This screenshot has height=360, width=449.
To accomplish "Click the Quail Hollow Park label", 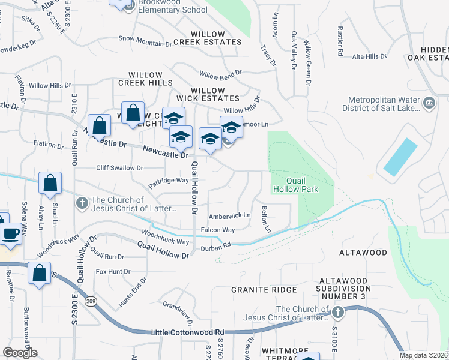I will pos(295,184).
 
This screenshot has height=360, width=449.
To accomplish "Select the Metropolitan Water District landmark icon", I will pos(429,103).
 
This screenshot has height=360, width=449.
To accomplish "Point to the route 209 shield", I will pos(91,301).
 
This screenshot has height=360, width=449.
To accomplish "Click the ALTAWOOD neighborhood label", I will pos(363,253).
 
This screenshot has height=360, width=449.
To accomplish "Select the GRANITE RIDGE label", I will pos(264,290).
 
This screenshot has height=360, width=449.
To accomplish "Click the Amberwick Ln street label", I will pos(229,215).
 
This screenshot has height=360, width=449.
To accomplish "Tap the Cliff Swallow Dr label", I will pos(120,169).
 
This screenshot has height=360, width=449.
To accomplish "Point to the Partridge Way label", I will pos(169,180).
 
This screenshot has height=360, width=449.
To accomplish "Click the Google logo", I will pos(20,352).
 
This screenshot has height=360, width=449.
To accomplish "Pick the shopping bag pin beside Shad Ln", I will pos(50,184).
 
